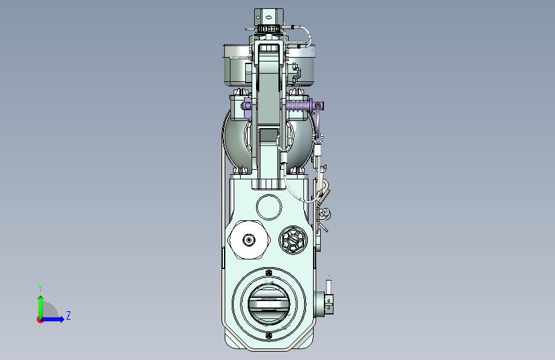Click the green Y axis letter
tap(40, 288)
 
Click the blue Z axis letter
tap(68, 315)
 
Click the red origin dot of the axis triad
tap(40, 320)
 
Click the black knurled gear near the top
tap(269, 28)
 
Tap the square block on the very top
tap(269, 17)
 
